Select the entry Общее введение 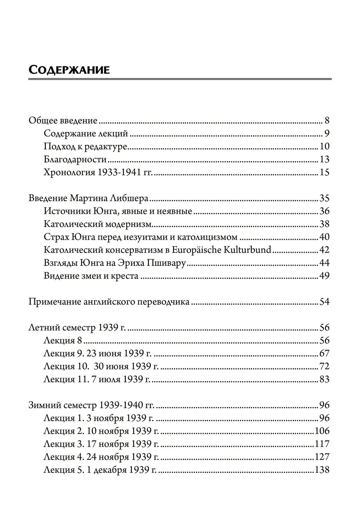[x=63, y=121]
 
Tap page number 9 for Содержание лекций [x=327, y=134]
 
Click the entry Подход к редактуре [x=86, y=147]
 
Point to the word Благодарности [x=75, y=159]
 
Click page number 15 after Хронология [x=324, y=173]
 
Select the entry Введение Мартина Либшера [x=88, y=198]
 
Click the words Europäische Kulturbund [x=221, y=250]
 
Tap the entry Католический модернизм [x=97, y=224]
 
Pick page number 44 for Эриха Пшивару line [x=324, y=263]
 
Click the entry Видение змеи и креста [x=91, y=276]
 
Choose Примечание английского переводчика [x=109, y=302]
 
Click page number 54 [x=324, y=302]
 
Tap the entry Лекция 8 [x=63, y=341]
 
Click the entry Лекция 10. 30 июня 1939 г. [x=101, y=367]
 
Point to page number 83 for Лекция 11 [x=324, y=380]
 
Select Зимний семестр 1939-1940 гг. [x=91, y=405]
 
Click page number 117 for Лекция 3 [x=322, y=444]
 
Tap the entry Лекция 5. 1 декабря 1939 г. [x=100, y=470]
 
